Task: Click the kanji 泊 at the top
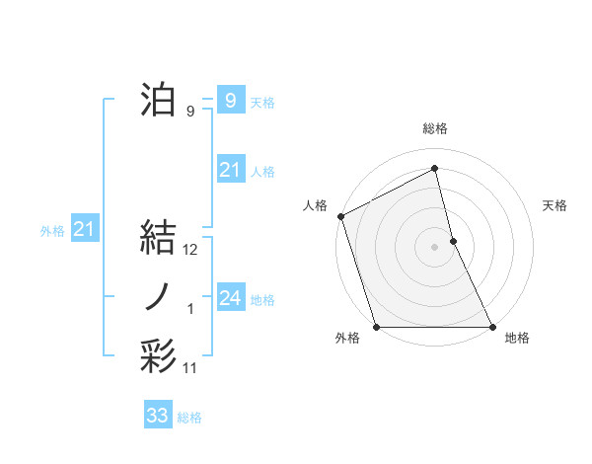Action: (158, 100)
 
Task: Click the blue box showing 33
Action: (158, 416)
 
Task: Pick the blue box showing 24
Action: (230, 297)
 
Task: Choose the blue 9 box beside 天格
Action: (230, 100)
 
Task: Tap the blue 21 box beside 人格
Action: (230, 170)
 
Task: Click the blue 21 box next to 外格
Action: (85, 229)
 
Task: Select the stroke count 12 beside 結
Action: (190, 251)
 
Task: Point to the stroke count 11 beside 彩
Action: (190, 368)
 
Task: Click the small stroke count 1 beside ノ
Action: (190, 310)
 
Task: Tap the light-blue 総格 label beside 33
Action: (189, 418)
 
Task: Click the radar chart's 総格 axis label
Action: (435, 128)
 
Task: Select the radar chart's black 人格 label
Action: (315, 205)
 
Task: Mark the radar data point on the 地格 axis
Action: (492, 327)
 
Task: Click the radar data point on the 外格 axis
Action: (376, 327)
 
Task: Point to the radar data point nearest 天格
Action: (453, 241)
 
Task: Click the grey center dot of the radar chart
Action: (435, 247)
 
